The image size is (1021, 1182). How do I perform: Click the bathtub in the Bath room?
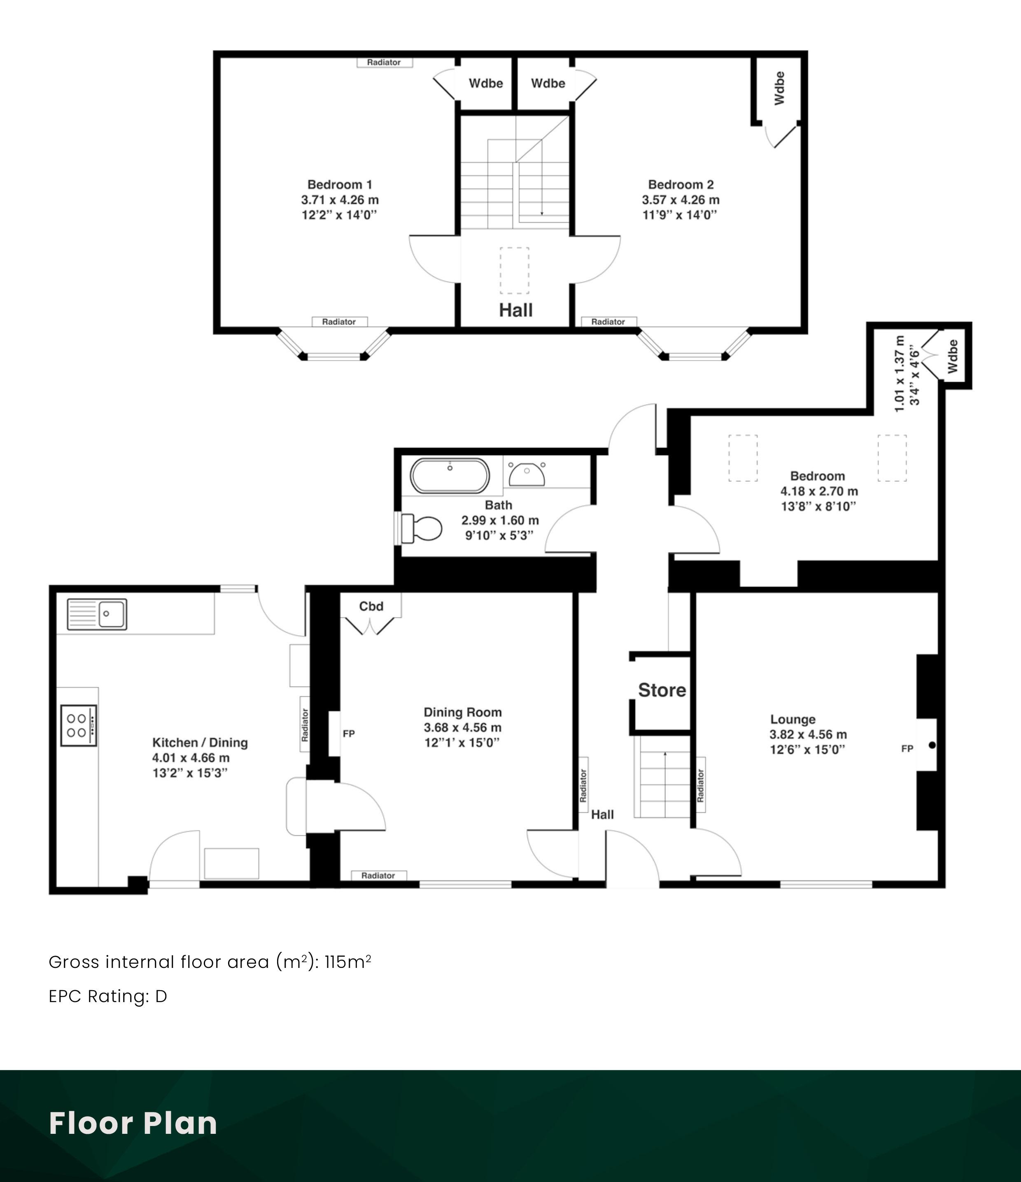pyautogui.click(x=450, y=475)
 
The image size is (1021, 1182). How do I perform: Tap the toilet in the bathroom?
pyautogui.click(x=422, y=528)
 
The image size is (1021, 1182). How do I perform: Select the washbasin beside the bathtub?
pyautogui.click(x=527, y=474)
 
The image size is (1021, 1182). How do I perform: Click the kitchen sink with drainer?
pyautogui.click(x=97, y=614)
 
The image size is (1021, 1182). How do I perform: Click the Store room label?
pyautogui.click(x=662, y=690)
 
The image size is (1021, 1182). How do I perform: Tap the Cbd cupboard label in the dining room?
pyautogui.click(x=371, y=606)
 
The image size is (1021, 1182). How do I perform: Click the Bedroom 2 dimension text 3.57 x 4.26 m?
pyautogui.click(x=681, y=200)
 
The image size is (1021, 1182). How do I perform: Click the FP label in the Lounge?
pyautogui.click(x=907, y=748)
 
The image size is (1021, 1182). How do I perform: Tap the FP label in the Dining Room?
pyautogui.click(x=349, y=734)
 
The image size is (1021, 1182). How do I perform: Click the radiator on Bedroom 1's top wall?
pyautogui.click(x=385, y=63)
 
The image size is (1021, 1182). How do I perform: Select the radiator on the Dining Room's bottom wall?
pyautogui.click(x=379, y=876)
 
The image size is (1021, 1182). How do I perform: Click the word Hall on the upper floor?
pyautogui.click(x=515, y=310)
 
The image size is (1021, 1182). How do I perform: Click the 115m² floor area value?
pyautogui.click(x=348, y=962)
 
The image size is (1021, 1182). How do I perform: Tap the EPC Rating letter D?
pyautogui.click(x=161, y=996)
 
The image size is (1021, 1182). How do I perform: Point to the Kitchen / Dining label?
pyautogui.click(x=200, y=743)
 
